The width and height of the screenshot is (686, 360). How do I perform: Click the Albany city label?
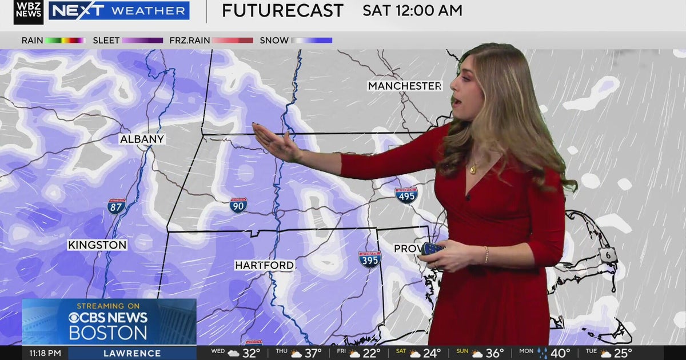142,139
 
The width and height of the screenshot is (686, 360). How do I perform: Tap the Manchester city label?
405,86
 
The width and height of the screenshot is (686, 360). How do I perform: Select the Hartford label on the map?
265,265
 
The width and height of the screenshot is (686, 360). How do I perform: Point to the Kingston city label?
97,245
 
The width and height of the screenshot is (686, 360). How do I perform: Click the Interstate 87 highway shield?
116,206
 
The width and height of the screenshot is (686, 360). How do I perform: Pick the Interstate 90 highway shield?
238,205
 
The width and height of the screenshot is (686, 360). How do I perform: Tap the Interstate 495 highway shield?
406,195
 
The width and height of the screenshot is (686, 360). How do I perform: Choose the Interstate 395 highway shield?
370,259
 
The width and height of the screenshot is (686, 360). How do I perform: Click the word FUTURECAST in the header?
282,10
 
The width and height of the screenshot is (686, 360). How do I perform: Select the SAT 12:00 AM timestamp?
412,10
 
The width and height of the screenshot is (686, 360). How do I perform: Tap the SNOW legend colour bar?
312,41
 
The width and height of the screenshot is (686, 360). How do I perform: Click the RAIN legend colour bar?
65,41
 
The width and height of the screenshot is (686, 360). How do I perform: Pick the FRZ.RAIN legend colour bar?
233,41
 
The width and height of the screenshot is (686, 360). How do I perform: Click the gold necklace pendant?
473,169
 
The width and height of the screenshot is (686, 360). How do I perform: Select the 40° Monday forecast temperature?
559,353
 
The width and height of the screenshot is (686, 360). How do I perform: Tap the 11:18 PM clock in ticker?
45,353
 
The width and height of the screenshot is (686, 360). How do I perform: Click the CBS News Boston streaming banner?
109,322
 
